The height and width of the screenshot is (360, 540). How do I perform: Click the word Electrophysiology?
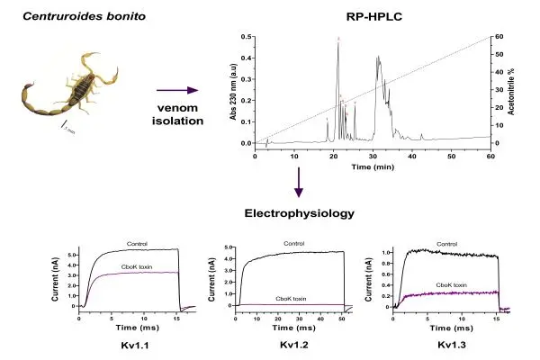tap(299, 213)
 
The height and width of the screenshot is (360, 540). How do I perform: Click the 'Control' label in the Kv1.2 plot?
tap(293, 244)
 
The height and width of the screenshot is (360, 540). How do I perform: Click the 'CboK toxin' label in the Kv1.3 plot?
tap(452, 285)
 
